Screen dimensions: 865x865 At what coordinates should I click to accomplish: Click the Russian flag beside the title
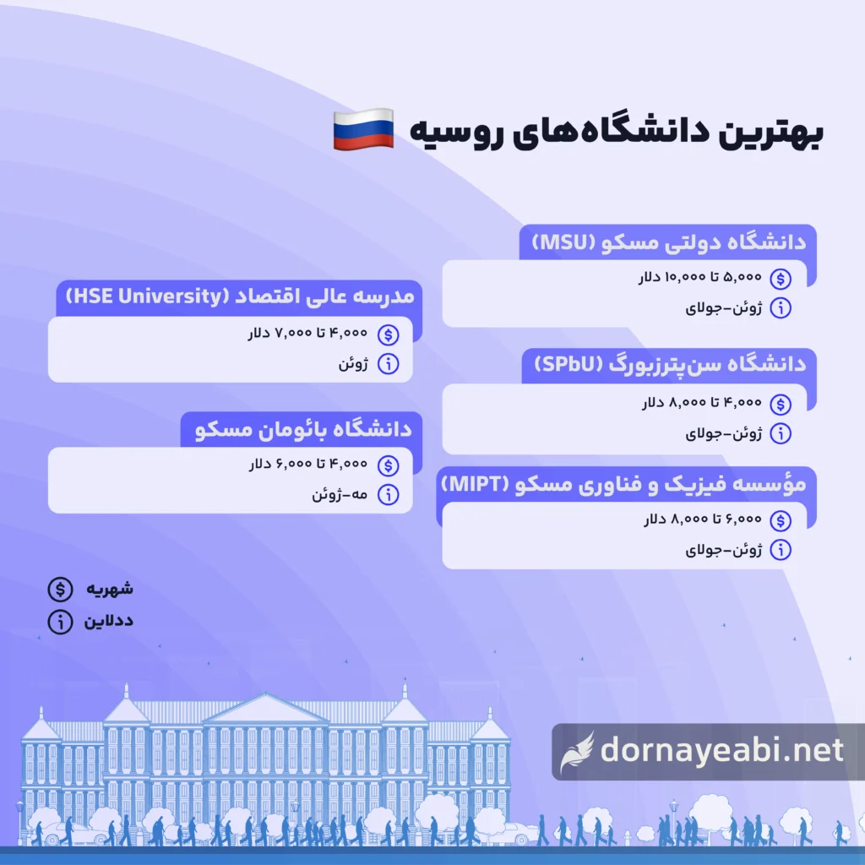[362, 130]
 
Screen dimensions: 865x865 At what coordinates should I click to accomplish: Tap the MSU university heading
[668, 242]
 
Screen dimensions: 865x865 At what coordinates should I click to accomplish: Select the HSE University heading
[239, 298]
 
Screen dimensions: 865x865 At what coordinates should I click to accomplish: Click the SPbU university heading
[670, 366]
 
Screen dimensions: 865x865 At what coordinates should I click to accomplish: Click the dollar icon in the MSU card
[782, 278]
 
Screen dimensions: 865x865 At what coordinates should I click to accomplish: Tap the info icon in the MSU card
[782, 308]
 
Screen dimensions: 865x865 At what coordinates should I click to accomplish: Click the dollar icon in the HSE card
[389, 335]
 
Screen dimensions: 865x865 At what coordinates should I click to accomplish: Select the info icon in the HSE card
[389, 365]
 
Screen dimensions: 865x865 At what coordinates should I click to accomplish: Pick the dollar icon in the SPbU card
[782, 403]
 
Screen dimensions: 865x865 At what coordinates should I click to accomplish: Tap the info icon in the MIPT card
[782, 551]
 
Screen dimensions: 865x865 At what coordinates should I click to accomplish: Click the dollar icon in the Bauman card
[389, 465]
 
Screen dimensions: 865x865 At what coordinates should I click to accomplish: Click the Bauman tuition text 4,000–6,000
[308, 465]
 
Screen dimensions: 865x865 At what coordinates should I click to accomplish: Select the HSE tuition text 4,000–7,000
[308, 335]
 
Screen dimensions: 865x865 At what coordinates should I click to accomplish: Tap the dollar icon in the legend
[59, 588]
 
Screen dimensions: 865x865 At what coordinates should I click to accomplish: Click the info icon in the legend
[59, 622]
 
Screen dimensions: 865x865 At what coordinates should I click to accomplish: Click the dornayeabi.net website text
[721, 750]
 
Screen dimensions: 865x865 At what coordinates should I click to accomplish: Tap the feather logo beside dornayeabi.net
[578, 751]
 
